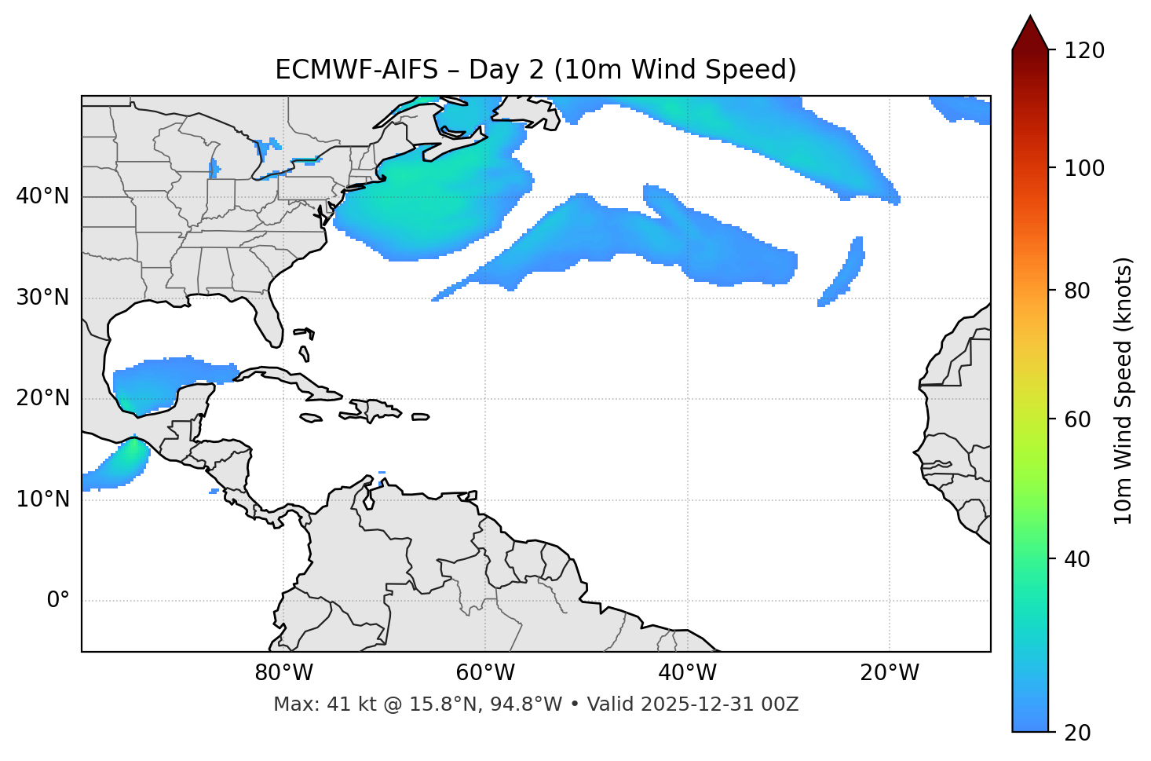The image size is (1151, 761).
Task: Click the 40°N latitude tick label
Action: tap(42, 196)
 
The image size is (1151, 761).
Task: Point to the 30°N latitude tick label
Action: tap(42, 298)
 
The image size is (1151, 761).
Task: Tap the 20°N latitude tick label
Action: tap(42, 398)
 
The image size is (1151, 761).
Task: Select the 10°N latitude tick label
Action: tap(42, 499)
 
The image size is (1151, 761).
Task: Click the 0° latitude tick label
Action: tap(58, 601)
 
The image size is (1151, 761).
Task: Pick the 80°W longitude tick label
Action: tap(283, 673)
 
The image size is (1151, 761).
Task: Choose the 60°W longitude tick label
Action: tap(485, 673)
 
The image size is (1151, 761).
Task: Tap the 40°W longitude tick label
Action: tap(687, 673)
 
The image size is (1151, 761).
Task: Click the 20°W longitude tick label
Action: tap(890, 673)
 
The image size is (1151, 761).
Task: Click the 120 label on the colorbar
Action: tap(1084, 51)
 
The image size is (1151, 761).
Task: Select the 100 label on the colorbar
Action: tap(1084, 168)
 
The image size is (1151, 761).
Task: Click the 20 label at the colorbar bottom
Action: tap(1078, 733)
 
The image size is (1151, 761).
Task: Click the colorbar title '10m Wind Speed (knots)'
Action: tap(1124, 390)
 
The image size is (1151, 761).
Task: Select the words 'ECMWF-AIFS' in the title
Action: tap(356, 70)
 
